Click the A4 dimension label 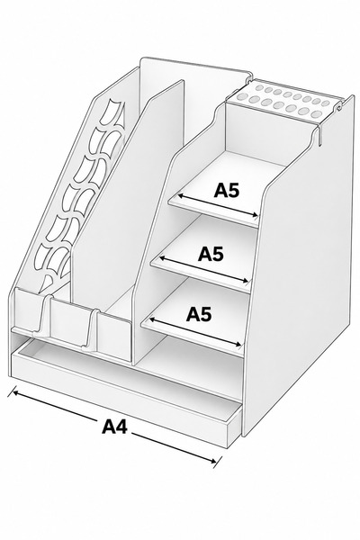114,427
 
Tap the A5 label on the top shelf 226,190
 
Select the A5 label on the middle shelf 211,254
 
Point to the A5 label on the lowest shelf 199,314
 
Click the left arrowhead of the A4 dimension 14,391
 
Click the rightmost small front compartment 113,335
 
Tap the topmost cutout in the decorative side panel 110,111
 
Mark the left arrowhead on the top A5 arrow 181,196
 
